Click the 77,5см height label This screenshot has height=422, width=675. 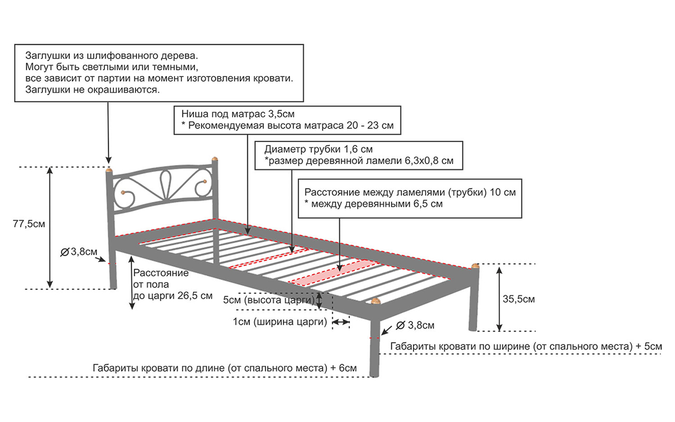[28, 224]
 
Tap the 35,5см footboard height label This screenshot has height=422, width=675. [518, 300]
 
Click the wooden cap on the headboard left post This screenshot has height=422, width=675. [109, 170]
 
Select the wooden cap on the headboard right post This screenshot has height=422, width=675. [215, 159]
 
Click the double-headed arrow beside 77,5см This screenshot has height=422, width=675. [50, 227]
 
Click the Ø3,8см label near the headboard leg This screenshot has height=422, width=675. [79, 252]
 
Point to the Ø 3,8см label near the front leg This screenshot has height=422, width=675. [414, 325]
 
